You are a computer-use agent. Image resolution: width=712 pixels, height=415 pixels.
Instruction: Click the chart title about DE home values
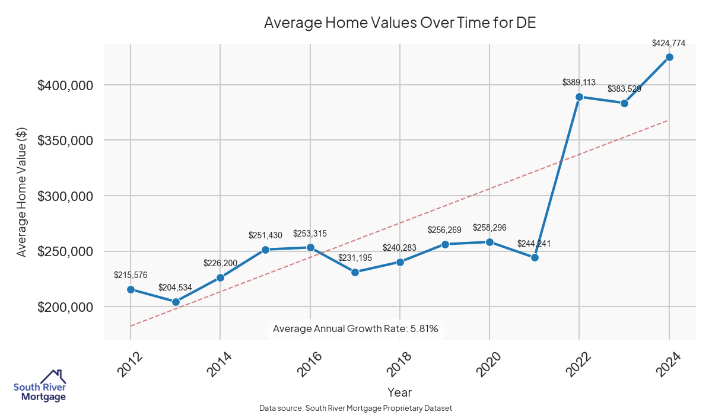click(x=400, y=23)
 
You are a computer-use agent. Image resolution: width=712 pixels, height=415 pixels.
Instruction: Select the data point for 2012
click(x=131, y=289)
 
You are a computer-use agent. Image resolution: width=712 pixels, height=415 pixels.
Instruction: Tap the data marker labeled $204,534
click(x=176, y=302)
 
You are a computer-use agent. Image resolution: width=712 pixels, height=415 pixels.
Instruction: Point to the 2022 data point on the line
click(x=579, y=97)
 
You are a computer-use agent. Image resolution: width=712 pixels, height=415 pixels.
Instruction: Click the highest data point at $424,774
click(x=669, y=57)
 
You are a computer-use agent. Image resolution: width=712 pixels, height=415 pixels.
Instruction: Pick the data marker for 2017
click(x=355, y=272)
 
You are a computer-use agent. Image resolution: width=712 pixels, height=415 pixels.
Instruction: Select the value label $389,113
click(x=579, y=82)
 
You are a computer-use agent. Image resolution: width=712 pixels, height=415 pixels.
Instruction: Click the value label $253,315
click(x=310, y=234)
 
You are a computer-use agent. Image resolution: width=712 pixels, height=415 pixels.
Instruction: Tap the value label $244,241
click(x=535, y=244)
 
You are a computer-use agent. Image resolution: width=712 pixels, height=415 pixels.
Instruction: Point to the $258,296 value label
click(x=490, y=228)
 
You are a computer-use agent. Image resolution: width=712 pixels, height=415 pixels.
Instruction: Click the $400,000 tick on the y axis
click(x=65, y=85)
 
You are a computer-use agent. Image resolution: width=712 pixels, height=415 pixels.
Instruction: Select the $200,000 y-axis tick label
click(x=65, y=307)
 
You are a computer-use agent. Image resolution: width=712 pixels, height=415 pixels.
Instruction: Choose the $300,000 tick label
click(x=65, y=196)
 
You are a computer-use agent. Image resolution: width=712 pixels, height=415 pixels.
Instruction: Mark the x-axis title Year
click(x=399, y=392)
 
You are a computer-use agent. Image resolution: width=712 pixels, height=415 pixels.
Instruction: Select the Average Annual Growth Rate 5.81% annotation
click(x=355, y=328)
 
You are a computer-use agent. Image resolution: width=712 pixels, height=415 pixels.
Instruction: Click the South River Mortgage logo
click(x=40, y=386)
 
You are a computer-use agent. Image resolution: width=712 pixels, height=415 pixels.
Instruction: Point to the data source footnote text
click(x=356, y=408)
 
